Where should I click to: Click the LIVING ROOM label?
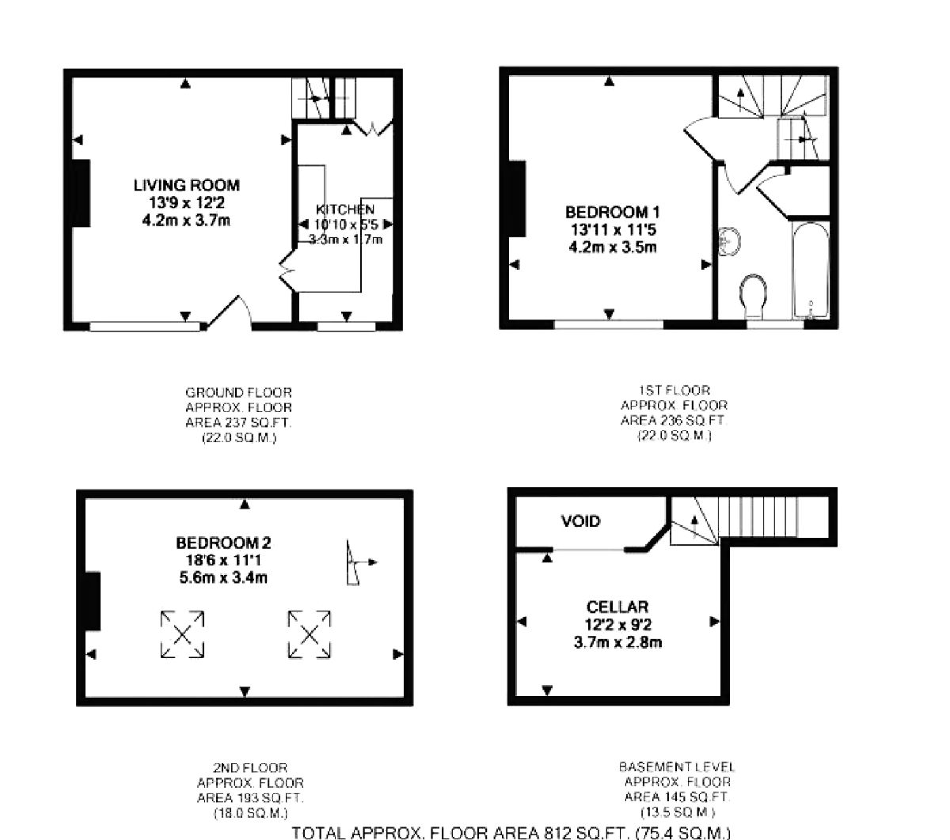tap(186, 185)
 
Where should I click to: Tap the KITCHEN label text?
tap(345, 210)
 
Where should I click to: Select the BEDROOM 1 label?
tap(612, 212)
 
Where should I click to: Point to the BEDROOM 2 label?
tap(223, 543)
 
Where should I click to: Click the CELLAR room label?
tap(617, 607)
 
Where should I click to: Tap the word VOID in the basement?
tap(580, 521)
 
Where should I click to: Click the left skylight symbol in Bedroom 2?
tap(183, 634)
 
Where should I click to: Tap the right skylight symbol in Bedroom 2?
tap(309, 634)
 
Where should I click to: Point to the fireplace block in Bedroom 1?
tap(518, 199)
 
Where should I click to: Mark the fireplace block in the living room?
tap(81, 194)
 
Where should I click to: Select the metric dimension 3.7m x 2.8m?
tap(617, 641)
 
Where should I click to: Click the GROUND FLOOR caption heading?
tap(238, 392)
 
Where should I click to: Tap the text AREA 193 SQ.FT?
tap(249, 798)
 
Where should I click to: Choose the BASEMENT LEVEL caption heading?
tap(677, 767)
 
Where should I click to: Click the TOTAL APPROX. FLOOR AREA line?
tap(511, 831)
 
